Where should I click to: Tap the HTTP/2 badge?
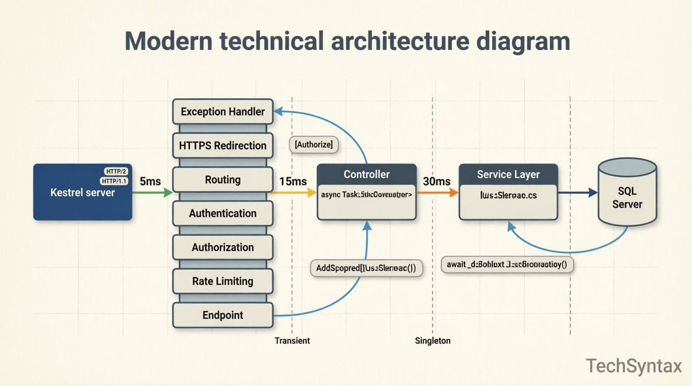coord(116,171)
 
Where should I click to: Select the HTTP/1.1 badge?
coord(114,181)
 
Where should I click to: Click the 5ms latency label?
coord(150,182)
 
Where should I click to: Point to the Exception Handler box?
coord(222,111)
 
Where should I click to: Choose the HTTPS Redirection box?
coord(222,146)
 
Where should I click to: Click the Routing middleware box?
coord(222,180)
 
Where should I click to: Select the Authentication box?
coord(222,213)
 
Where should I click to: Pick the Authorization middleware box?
coord(222,247)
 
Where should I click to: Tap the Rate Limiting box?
coord(222,281)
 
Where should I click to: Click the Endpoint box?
coord(222,315)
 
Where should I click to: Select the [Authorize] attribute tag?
coord(314,145)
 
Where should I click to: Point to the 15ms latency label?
coord(293,182)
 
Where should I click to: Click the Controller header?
coord(366,174)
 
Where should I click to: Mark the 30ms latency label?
coord(436,182)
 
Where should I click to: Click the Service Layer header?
coord(508,174)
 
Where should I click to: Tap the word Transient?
coord(292,341)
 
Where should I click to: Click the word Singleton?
coord(432,341)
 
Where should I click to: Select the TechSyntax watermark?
coord(634,366)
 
